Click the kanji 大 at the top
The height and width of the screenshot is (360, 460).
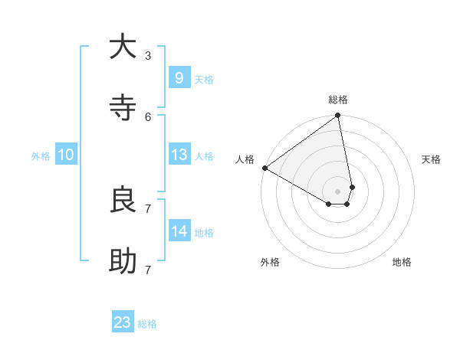pyautogui.click(x=123, y=47)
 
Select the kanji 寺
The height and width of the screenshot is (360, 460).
pyautogui.click(x=123, y=108)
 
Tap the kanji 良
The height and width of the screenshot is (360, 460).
pyautogui.click(x=123, y=200)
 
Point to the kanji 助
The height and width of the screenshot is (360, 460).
pyautogui.click(x=123, y=261)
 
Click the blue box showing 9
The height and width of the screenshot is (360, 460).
pyautogui.click(x=179, y=77)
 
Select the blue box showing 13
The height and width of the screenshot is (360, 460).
pyautogui.click(x=179, y=155)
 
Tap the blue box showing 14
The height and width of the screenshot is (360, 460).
pyautogui.click(x=179, y=231)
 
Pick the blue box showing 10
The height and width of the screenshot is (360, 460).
pyautogui.click(x=66, y=155)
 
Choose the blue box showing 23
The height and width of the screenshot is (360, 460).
pyautogui.click(x=123, y=322)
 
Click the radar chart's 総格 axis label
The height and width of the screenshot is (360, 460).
pyautogui.click(x=338, y=100)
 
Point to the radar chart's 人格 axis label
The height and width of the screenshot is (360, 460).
pyautogui.click(x=245, y=159)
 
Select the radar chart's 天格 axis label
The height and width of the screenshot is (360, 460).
pyautogui.click(x=431, y=159)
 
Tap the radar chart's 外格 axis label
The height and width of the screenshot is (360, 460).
pyautogui.click(x=270, y=262)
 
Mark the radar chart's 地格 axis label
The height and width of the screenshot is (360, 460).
pyautogui.click(x=402, y=262)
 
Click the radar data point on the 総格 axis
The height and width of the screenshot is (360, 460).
pyautogui.click(x=338, y=116)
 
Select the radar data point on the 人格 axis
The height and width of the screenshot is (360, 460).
pyautogui.click(x=264, y=168)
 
